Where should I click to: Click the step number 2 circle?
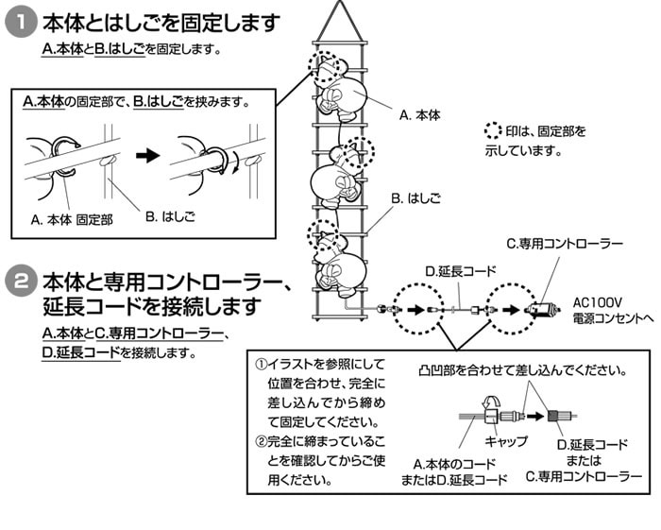[21, 282]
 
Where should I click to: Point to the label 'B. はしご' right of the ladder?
[415, 200]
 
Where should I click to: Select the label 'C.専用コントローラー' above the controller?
[564, 244]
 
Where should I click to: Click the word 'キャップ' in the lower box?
[505, 441]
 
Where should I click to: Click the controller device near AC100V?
[541, 310]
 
